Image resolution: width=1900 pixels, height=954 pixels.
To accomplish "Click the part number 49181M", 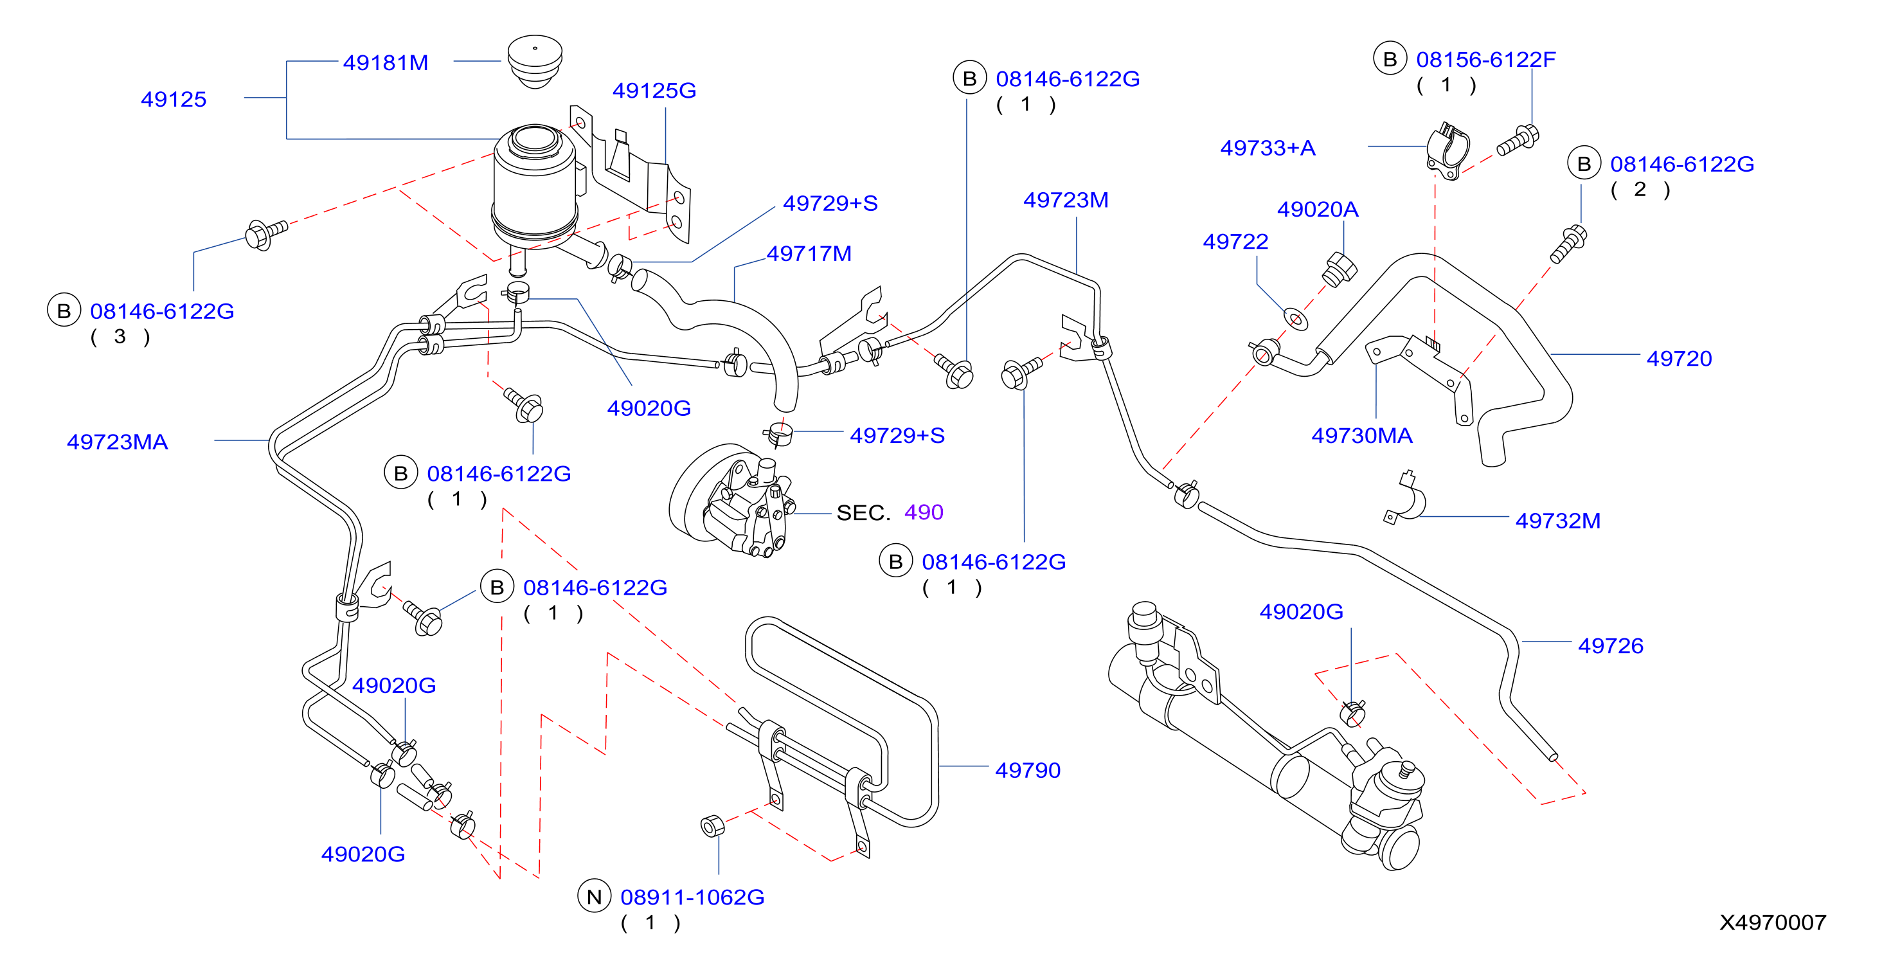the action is pyautogui.click(x=385, y=63).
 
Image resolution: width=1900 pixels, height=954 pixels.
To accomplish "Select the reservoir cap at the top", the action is pyautogui.click(x=535, y=61).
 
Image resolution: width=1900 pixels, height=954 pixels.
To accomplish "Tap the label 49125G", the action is pyautogui.click(x=654, y=90).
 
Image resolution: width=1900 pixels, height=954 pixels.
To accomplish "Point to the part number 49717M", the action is pyautogui.click(x=809, y=253).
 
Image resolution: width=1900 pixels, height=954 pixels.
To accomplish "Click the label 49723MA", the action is pyautogui.click(x=117, y=441).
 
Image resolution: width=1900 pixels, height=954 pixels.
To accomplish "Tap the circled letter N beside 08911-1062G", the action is pyautogui.click(x=594, y=896).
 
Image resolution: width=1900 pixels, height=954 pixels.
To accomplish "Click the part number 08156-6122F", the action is pyautogui.click(x=1485, y=59).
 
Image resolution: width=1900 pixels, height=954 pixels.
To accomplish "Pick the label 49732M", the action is pyautogui.click(x=1558, y=520).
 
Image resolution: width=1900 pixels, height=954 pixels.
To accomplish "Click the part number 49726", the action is pyautogui.click(x=1610, y=645).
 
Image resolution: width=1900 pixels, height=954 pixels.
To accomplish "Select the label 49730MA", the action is pyautogui.click(x=1361, y=435).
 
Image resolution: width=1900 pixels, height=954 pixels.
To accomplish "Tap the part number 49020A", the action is pyautogui.click(x=1317, y=209).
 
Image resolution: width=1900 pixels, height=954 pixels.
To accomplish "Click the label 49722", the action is pyautogui.click(x=1235, y=241).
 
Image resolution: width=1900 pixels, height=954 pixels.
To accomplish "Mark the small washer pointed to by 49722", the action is pyautogui.click(x=1296, y=319).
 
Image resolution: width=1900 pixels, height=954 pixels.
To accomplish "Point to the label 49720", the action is pyautogui.click(x=1679, y=358).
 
